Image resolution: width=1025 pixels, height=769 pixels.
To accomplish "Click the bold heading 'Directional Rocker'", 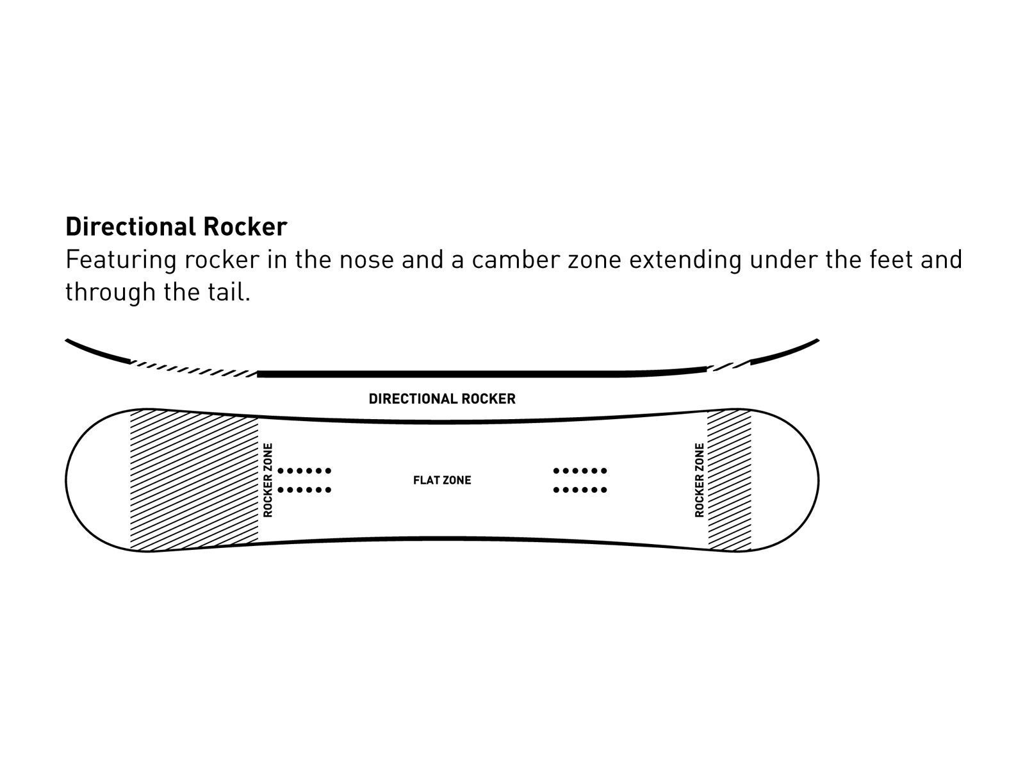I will pos(176,227).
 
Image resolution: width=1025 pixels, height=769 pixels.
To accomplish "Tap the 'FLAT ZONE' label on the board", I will pos(442,480).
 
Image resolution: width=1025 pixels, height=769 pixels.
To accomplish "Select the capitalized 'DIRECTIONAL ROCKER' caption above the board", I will pos(442,399).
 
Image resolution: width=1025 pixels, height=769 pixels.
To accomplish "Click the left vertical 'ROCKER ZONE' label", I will pos(268,480).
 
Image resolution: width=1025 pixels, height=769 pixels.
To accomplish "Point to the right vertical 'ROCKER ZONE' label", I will pos(699,480).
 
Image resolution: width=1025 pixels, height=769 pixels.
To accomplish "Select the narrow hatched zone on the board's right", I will pos(729,480).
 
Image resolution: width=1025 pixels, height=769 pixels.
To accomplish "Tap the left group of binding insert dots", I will pos(304,480).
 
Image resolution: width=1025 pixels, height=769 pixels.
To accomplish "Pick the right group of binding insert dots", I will pos(580,480).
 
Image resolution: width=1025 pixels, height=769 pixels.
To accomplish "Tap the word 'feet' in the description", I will pos(891,260).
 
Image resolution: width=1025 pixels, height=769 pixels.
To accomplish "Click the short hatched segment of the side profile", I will pos(728,366).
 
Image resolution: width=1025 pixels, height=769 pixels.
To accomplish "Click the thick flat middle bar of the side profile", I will pos(480,374).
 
